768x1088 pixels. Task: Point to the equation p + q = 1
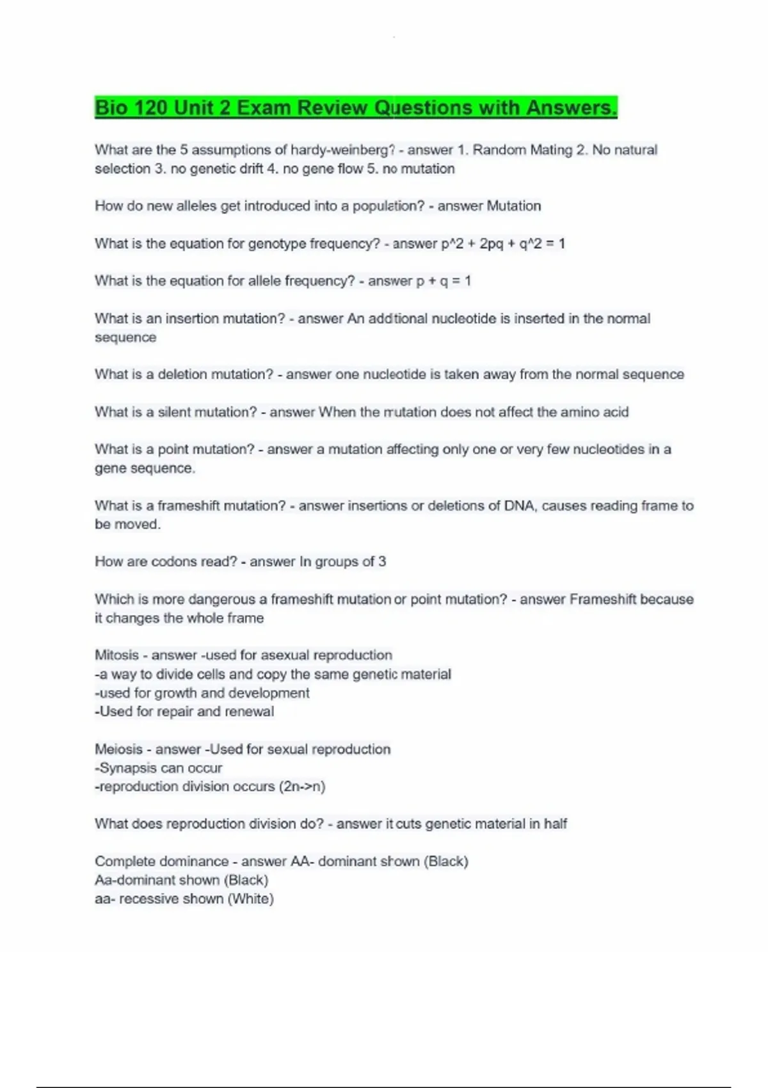coord(444,281)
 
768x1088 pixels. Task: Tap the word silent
coord(174,412)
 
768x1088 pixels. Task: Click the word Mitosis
coord(116,655)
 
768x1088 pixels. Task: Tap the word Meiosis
coord(118,749)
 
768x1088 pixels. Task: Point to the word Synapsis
coord(125,768)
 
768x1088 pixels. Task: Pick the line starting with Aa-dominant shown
coord(181,881)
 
